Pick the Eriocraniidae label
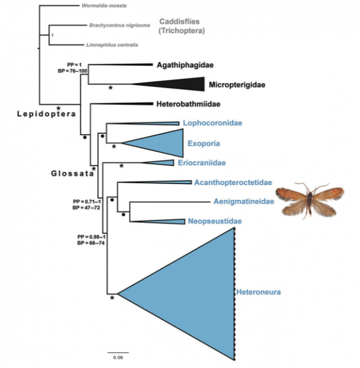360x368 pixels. (x=202, y=162)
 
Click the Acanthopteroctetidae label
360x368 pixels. (x=233, y=182)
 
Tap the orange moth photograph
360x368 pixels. (x=310, y=201)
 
